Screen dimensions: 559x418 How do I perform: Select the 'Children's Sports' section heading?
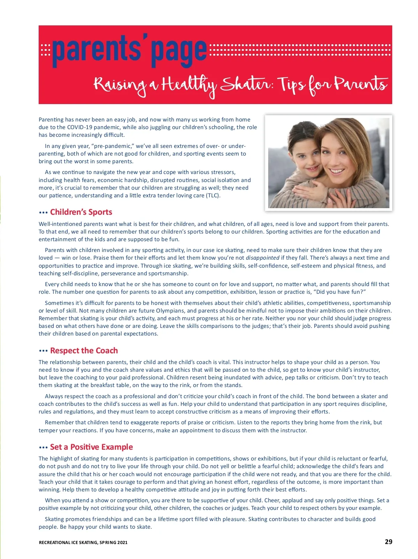tap(81, 212)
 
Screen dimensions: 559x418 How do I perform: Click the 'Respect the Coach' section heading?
tap(84, 351)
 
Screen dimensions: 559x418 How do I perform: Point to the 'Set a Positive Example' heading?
tap(91, 447)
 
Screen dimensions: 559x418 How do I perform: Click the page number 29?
tap(388, 542)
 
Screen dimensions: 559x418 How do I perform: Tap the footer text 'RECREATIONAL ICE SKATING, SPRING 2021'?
tap(83, 542)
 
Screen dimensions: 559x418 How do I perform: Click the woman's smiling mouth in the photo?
tap(337, 171)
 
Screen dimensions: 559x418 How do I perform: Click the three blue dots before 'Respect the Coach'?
tap(43, 351)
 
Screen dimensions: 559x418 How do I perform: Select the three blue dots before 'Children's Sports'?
tap(43, 212)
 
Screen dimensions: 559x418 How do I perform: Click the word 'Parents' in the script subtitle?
tap(361, 85)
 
